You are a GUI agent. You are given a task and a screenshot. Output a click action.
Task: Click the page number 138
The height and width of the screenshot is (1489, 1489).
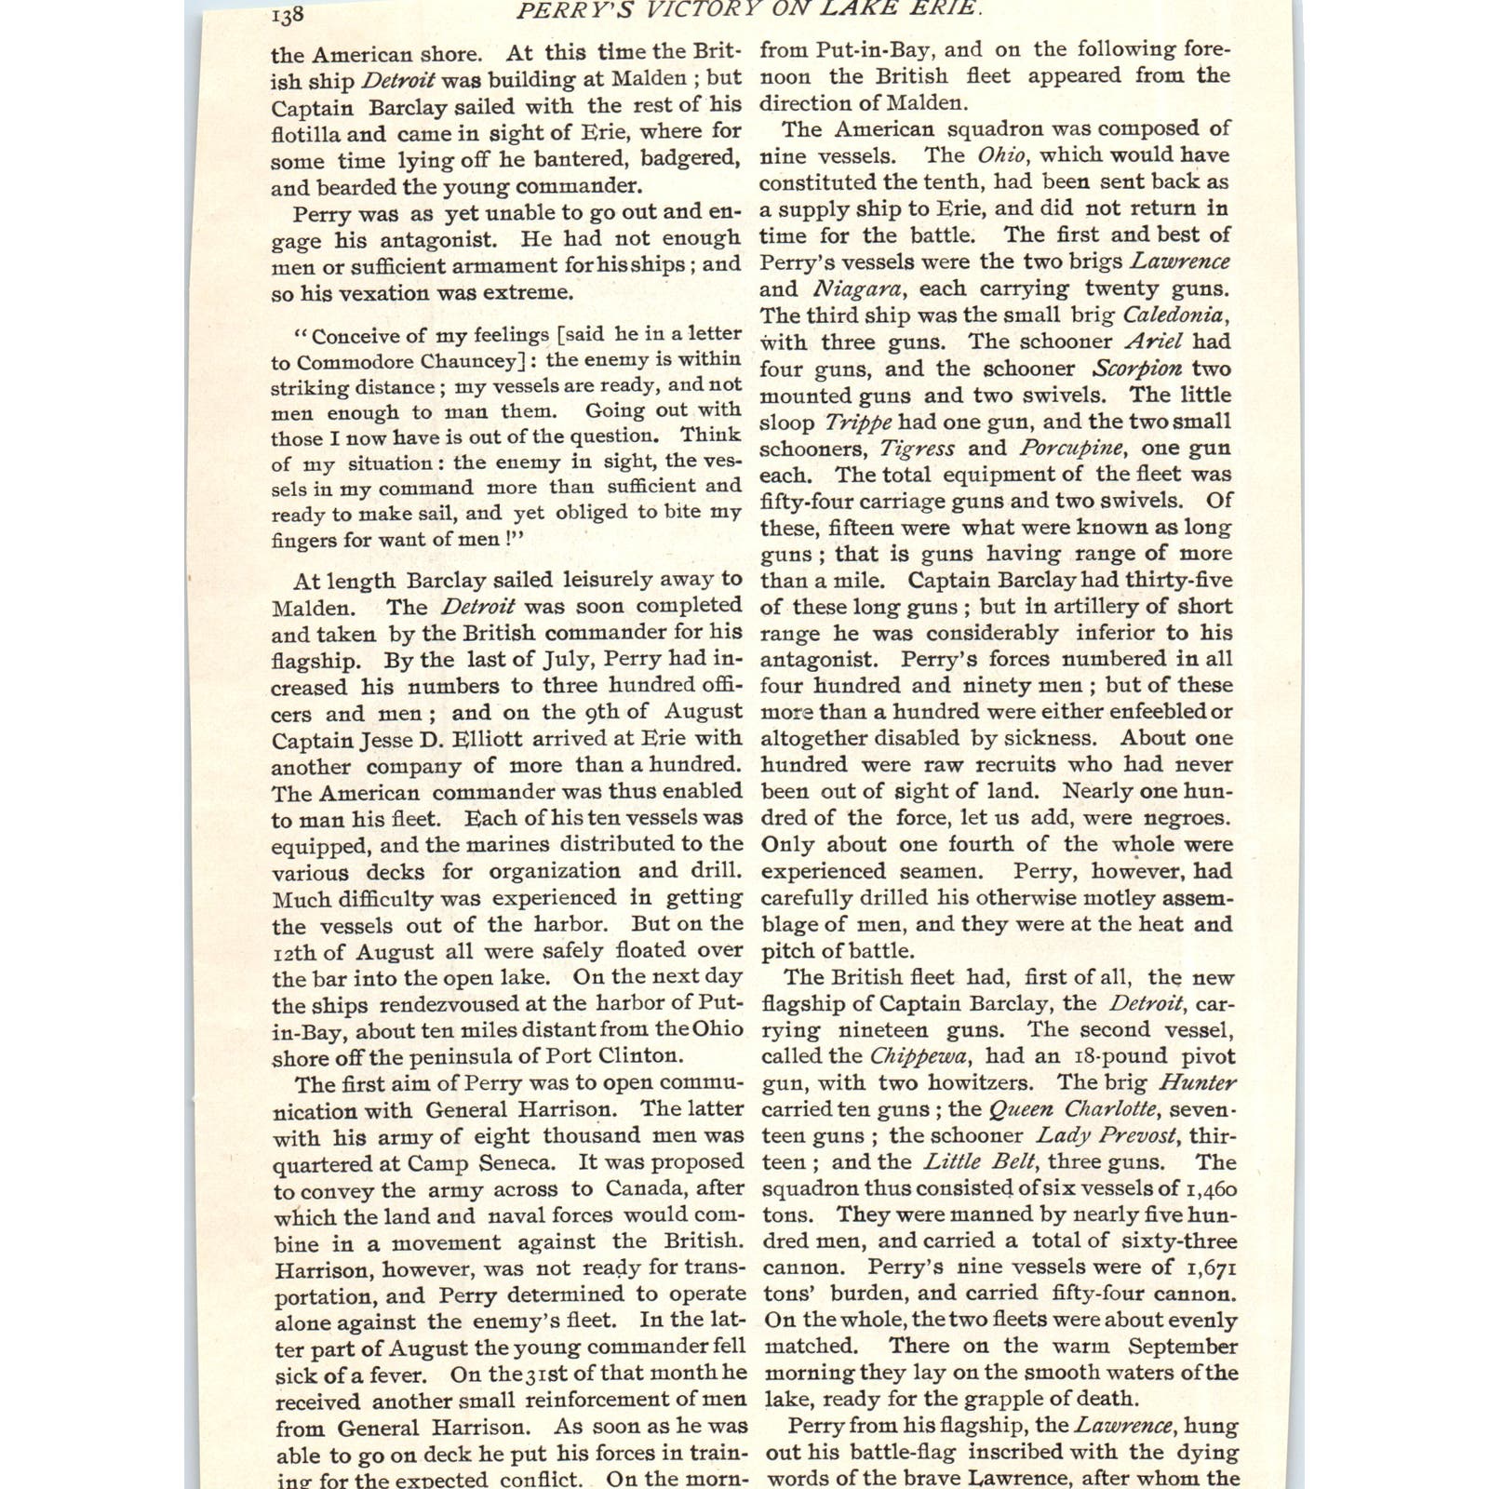(x=288, y=15)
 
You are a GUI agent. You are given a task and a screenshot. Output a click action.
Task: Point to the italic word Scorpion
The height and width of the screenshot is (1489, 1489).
(x=1137, y=368)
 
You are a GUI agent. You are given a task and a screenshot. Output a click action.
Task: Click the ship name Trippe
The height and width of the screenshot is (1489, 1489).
(x=858, y=422)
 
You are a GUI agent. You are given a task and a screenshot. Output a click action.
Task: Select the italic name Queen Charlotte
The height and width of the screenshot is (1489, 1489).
(x=1070, y=1109)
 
